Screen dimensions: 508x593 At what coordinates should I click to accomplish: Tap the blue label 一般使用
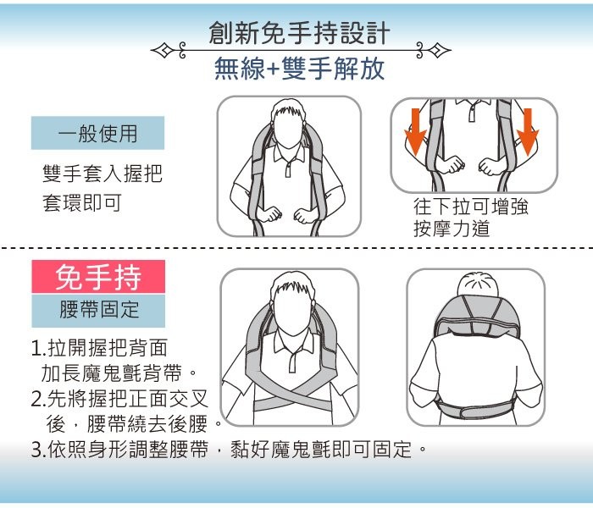pyautogui.click(x=97, y=133)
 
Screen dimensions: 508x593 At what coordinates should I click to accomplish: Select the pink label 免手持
pyautogui.click(x=97, y=277)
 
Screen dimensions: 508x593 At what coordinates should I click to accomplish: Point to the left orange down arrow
pyautogui.click(x=415, y=131)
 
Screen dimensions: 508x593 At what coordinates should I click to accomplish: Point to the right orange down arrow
pyautogui.click(x=529, y=131)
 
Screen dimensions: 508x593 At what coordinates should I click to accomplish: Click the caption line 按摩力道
pyautogui.click(x=452, y=229)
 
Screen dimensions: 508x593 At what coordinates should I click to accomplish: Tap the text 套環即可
pyautogui.click(x=81, y=203)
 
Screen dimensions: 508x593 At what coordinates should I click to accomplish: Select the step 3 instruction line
pyautogui.click(x=229, y=449)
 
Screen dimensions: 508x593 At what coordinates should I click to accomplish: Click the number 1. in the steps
pyautogui.click(x=37, y=348)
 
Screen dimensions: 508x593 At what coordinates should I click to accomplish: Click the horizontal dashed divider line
pyautogui.click(x=296, y=249)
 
